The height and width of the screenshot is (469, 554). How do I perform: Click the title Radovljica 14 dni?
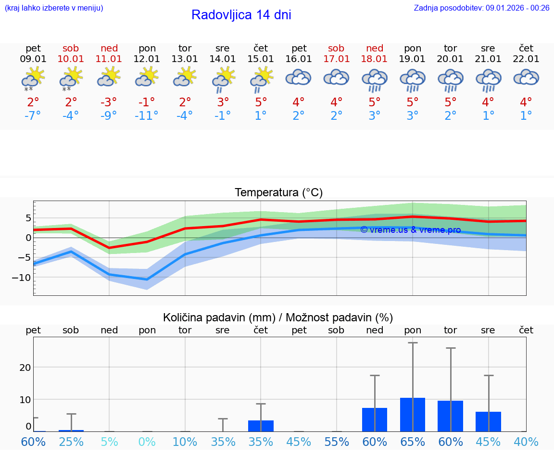pyautogui.click(x=241, y=15)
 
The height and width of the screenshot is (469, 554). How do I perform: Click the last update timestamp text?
pyautogui.click(x=481, y=8)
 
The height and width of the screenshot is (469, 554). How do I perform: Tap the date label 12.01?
pyautogui.click(x=147, y=59)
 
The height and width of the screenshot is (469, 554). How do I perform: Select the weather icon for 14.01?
pyautogui.click(x=223, y=79)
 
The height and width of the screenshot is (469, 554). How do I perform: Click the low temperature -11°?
pyautogui.click(x=147, y=116)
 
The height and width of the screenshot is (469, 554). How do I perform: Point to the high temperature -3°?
pyautogui.click(x=109, y=102)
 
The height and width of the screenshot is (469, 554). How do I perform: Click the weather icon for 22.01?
pyautogui.click(x=526, y=77)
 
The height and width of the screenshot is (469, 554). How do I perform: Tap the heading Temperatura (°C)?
pyautogui.click(x=278, y=193)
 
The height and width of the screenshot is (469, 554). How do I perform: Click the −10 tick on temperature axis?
pyautogui.click(x=22, y=278)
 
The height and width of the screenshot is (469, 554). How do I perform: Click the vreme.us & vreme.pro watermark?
pyautogui.click(x=410, y=230)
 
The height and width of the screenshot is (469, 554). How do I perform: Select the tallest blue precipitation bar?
pyautogui.click(x=413, y=415)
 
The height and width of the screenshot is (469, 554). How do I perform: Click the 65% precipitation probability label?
pyautogui.click(x=413, y=442)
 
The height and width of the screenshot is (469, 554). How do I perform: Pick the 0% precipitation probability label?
pyautogui.click(x=147, y=442)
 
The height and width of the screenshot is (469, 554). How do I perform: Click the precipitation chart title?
pyautogui.click(x=278, y=317)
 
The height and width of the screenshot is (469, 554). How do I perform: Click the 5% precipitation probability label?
pyautogui.click(x=109, y=442)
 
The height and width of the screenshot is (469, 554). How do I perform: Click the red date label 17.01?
pyautogui.click(x=337, y=59)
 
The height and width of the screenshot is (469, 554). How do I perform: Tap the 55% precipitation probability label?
pyautogui.click(x=337, y=442)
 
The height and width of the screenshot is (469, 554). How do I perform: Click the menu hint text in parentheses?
pyautogui.click(x=54, y=8)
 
